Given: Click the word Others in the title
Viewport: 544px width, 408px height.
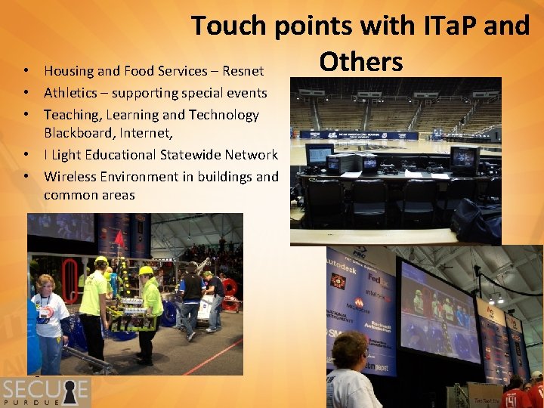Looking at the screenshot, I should point(360,61).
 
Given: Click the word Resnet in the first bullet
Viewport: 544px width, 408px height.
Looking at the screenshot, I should point(243,71).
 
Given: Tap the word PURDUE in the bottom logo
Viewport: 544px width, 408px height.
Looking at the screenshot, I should point(45,403).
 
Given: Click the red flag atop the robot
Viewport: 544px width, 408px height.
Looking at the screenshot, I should point(119,239).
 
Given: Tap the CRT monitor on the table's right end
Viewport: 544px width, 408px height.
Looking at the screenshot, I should point(464,159).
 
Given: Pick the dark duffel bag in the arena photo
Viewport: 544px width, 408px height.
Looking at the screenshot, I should point(474,218).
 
